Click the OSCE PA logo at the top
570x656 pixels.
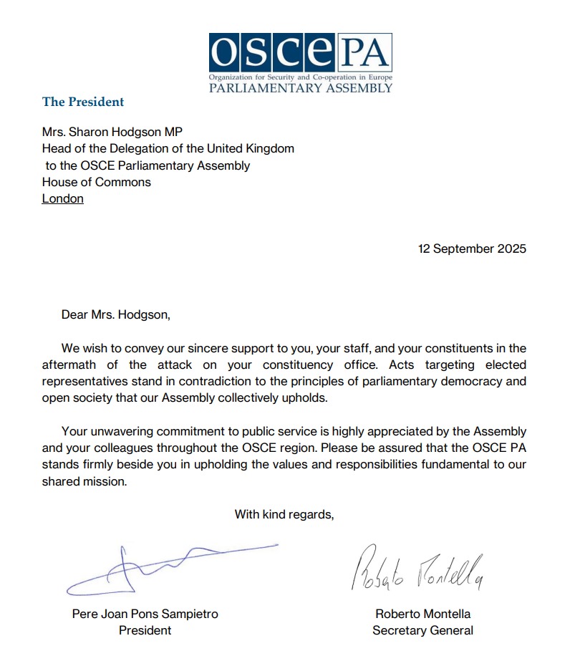click(301, 62)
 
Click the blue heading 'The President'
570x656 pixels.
click(83, 102)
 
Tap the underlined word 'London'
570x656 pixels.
click(63, 198)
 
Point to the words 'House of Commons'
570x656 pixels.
click(97, 182)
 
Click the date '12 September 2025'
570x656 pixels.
click(472, 249)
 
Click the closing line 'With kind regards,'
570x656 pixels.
click(284, 514)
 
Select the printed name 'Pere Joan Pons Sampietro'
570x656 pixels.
click(145, 614)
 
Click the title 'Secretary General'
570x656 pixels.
click(422, 630)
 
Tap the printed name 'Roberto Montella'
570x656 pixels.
click(422, 614)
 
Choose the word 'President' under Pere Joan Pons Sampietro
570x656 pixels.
click(145, 630)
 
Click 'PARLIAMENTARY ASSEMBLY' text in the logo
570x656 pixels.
click(301, 88)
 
